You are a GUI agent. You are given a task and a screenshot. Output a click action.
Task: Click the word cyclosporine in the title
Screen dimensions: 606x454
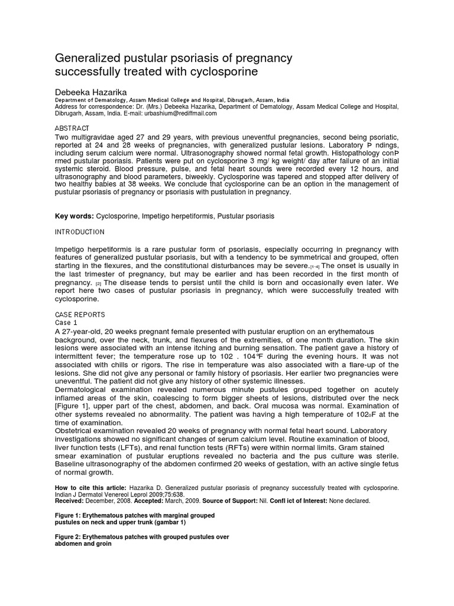coord(225,72)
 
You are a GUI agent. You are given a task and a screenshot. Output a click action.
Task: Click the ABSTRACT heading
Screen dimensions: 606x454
coord(72,128)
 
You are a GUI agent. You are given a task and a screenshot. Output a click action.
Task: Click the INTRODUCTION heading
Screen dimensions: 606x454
coord(80,232)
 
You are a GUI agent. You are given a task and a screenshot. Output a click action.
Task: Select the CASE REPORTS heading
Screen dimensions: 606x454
coord(80,315)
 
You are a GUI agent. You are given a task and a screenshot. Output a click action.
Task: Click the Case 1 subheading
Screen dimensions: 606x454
coord(66,323)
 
